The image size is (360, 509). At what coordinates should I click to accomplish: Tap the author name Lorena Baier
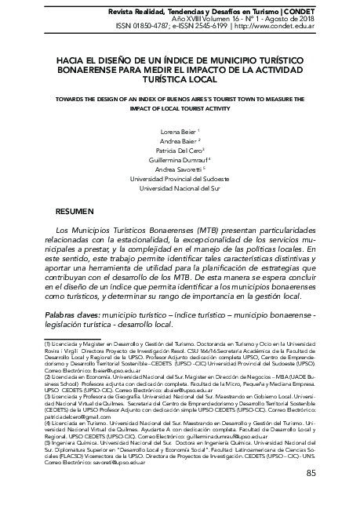(176, 131)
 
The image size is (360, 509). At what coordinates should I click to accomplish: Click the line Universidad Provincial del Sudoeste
(180, 178)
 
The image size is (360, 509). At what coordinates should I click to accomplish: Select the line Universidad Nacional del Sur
(180, 188)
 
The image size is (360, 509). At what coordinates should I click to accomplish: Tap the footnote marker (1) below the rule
(47, 344)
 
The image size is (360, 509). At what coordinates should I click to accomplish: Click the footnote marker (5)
(47, 420)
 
